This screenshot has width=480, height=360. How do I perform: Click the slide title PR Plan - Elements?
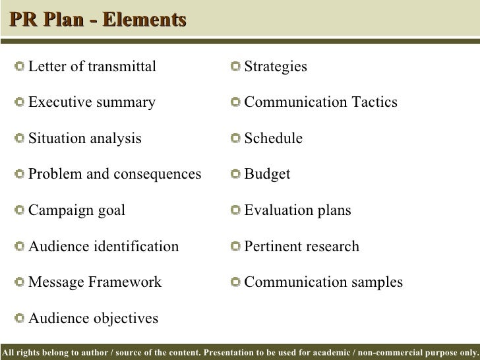[97, 20]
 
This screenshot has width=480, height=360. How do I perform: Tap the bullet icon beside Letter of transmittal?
[20, 67]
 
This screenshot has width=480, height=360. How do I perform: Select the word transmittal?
[122, 67]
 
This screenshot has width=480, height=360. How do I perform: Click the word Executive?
[57, 103]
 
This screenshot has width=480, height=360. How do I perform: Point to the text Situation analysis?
[85, 138]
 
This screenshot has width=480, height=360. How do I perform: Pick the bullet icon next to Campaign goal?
[20, 211]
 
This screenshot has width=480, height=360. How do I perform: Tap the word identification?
[136, 247]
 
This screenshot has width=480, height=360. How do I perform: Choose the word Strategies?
[276, 67]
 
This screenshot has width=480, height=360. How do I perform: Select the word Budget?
[267, 175]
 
